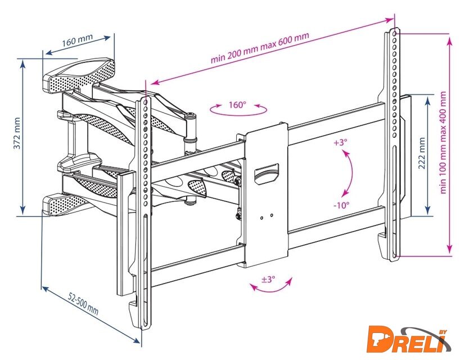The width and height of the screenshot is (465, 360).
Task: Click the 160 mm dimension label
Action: coord(78,41)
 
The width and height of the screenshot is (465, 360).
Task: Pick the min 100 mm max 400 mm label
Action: coord(444,143)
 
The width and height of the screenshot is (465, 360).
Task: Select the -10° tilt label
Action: coord(341,205)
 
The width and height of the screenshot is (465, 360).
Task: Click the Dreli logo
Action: coord(413,339)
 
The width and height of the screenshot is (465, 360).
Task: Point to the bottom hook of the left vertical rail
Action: coord(136,307)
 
